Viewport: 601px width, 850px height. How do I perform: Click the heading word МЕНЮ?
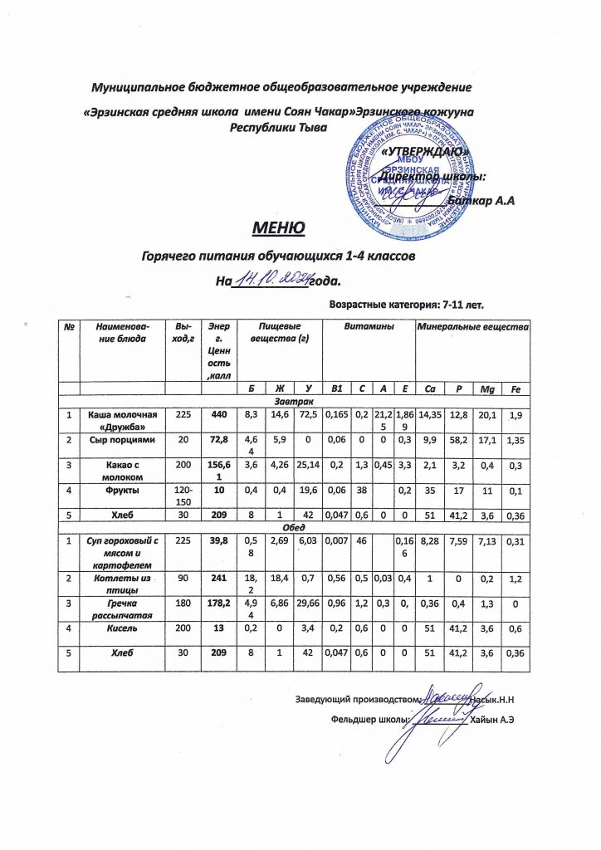pos(279,227)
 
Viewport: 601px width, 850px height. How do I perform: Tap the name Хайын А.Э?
pos(492,718)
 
